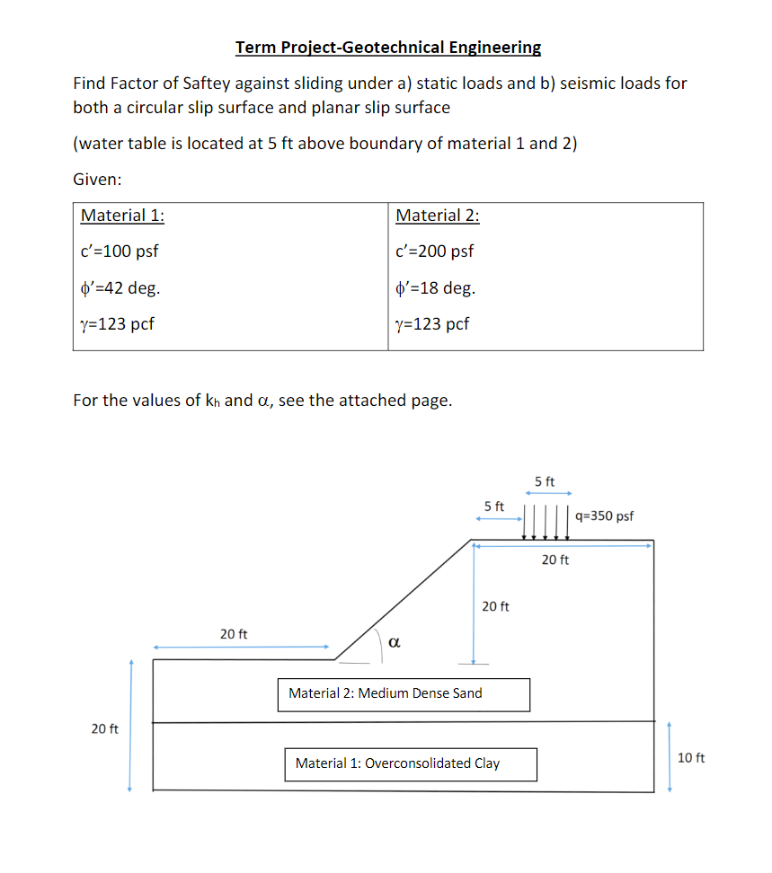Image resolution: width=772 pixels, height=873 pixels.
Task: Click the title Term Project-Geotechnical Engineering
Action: (388, 47)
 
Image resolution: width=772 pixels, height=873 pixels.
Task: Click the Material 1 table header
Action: (122, 216)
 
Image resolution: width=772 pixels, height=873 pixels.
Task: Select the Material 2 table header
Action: (437, 216)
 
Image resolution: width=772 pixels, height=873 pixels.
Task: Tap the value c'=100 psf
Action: (120, 251)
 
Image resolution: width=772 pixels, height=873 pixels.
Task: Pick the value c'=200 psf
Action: (434, 251)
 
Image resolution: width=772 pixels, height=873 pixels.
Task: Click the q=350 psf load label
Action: (604, 516)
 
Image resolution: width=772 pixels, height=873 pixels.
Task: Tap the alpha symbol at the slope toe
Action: (395, 641)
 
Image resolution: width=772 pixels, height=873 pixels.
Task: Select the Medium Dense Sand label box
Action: (404, 694)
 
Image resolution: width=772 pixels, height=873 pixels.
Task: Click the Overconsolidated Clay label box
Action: (411, 764)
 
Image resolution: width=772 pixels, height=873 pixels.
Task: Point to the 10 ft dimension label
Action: (691, 759)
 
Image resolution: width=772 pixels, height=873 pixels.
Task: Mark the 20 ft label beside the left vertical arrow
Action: (105, 728)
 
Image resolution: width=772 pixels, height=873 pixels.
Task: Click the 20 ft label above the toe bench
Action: (234, 634)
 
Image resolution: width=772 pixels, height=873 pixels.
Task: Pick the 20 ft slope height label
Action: (495, 606)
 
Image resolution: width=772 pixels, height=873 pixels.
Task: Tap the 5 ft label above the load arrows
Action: (545, 482)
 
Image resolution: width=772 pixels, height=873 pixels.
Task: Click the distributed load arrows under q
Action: (546, 522)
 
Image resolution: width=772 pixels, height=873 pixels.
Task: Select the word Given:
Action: (97, 180)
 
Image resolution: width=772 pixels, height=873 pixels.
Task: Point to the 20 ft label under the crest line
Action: (555, 560)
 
